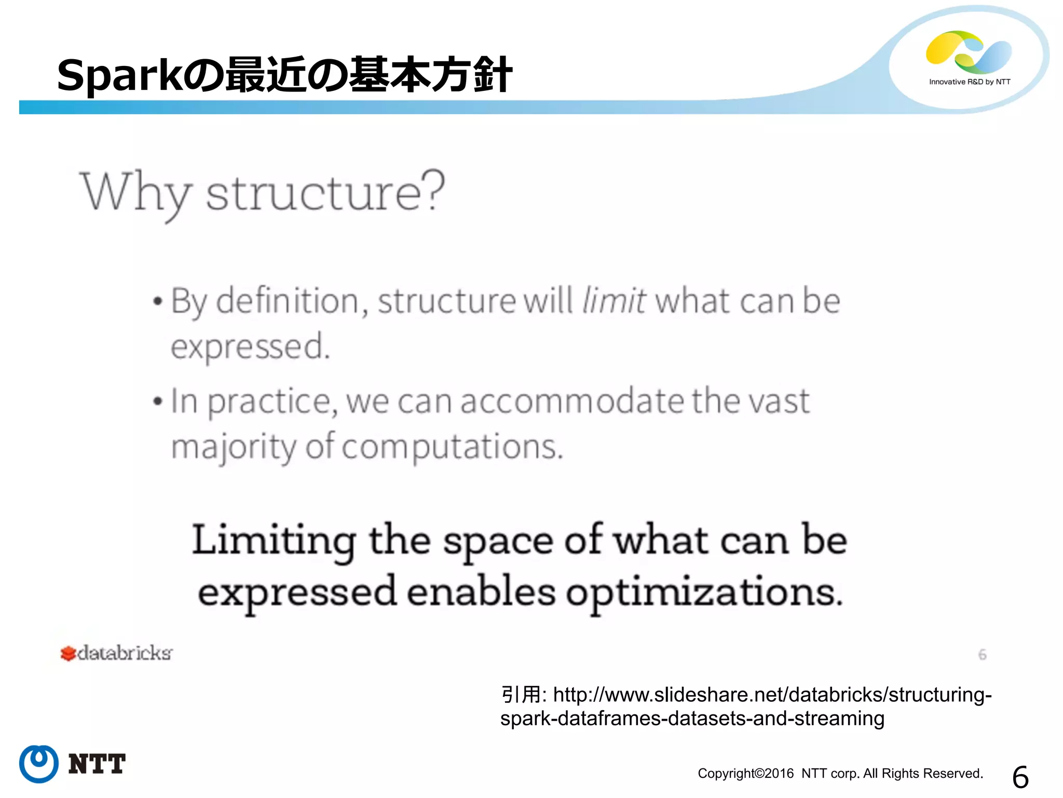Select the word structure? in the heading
click(325, 192)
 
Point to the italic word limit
click(614, 301)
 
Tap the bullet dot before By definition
click(158, 302)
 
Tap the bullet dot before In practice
click(158, 402)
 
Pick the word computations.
click(452, 447)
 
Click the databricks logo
click(116, 653)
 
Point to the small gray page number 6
click(982, 655)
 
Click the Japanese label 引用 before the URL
click(521, 695)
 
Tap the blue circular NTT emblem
click(38, 764)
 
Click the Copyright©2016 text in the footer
click(745, 774)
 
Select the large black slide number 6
click(1020, 777)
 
